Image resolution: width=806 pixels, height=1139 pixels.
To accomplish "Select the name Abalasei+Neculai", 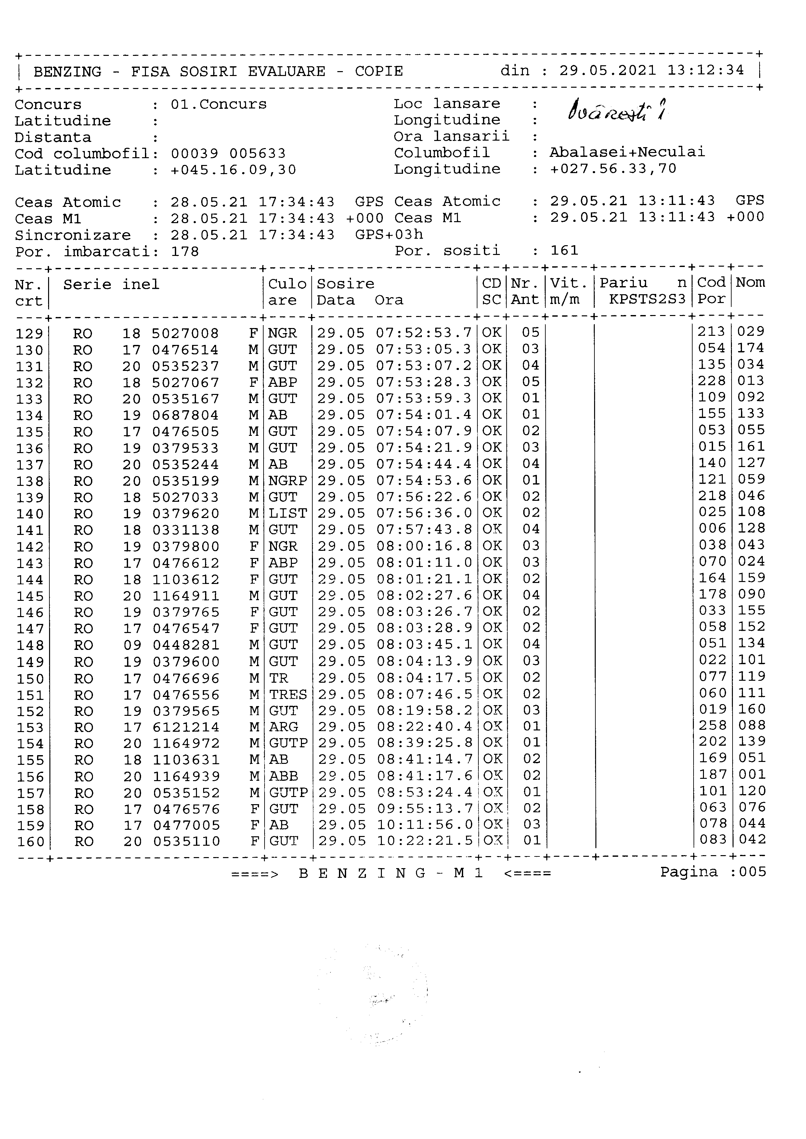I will (627, 152).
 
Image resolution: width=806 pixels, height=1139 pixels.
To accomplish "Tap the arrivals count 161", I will (564, 250).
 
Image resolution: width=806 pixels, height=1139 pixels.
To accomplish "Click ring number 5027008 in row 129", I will (185, 333).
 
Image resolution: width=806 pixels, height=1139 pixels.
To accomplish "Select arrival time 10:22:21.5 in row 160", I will (425, 841).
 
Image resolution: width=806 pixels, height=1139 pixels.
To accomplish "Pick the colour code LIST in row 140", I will (288, 513).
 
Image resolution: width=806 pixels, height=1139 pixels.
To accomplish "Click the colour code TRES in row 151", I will (288, 694).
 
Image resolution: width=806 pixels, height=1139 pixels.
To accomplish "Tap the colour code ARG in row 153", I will (283, 727).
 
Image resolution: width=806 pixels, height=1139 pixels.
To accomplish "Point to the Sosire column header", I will (345, 284).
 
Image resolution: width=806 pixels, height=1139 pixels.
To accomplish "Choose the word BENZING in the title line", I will (68, 72).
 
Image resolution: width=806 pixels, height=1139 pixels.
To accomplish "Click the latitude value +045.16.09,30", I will (233, 170).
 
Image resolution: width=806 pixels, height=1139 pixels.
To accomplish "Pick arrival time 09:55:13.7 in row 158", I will (425, 809).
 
